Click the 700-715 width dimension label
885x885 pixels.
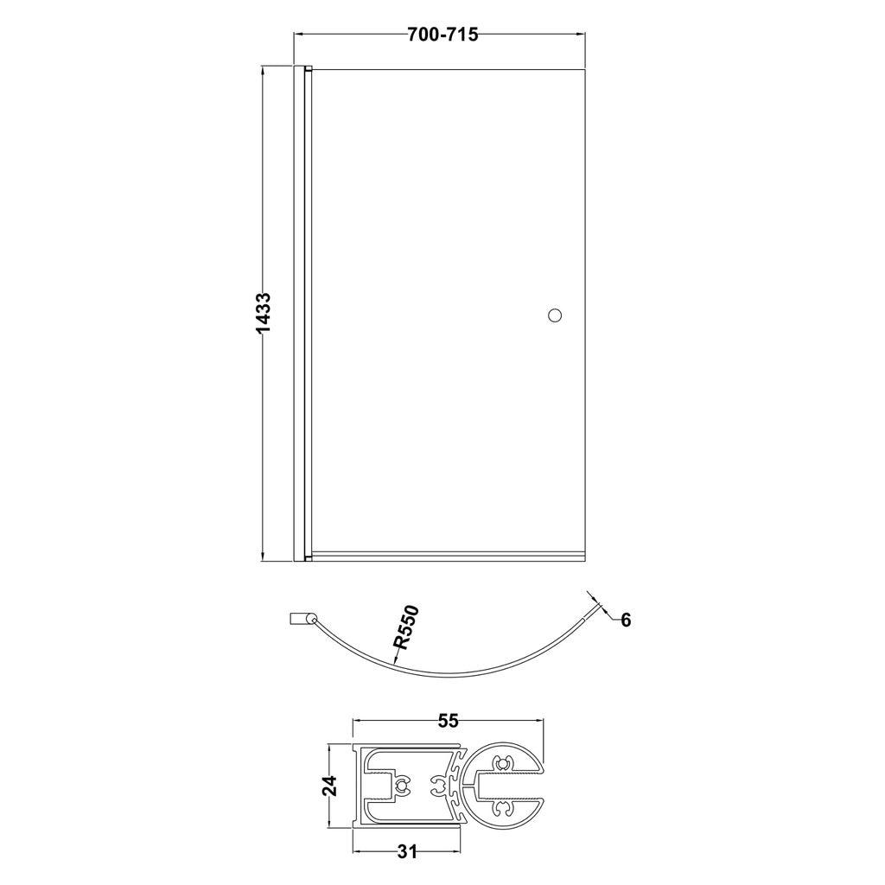tap(442, 35)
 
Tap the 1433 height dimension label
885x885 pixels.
tap(264, 315)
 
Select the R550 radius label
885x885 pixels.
tap(406, 627)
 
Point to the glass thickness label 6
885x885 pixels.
tap(626, 621)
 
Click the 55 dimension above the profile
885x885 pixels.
tap(449, 721)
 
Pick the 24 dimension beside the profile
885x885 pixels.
tap(329, 786)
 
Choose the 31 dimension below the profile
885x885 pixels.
tap(406, 851)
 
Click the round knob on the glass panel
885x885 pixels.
tap(555, 315)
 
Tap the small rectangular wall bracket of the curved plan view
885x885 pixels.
tap(297, 619)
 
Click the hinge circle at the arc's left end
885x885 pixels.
tap(310, 621)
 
